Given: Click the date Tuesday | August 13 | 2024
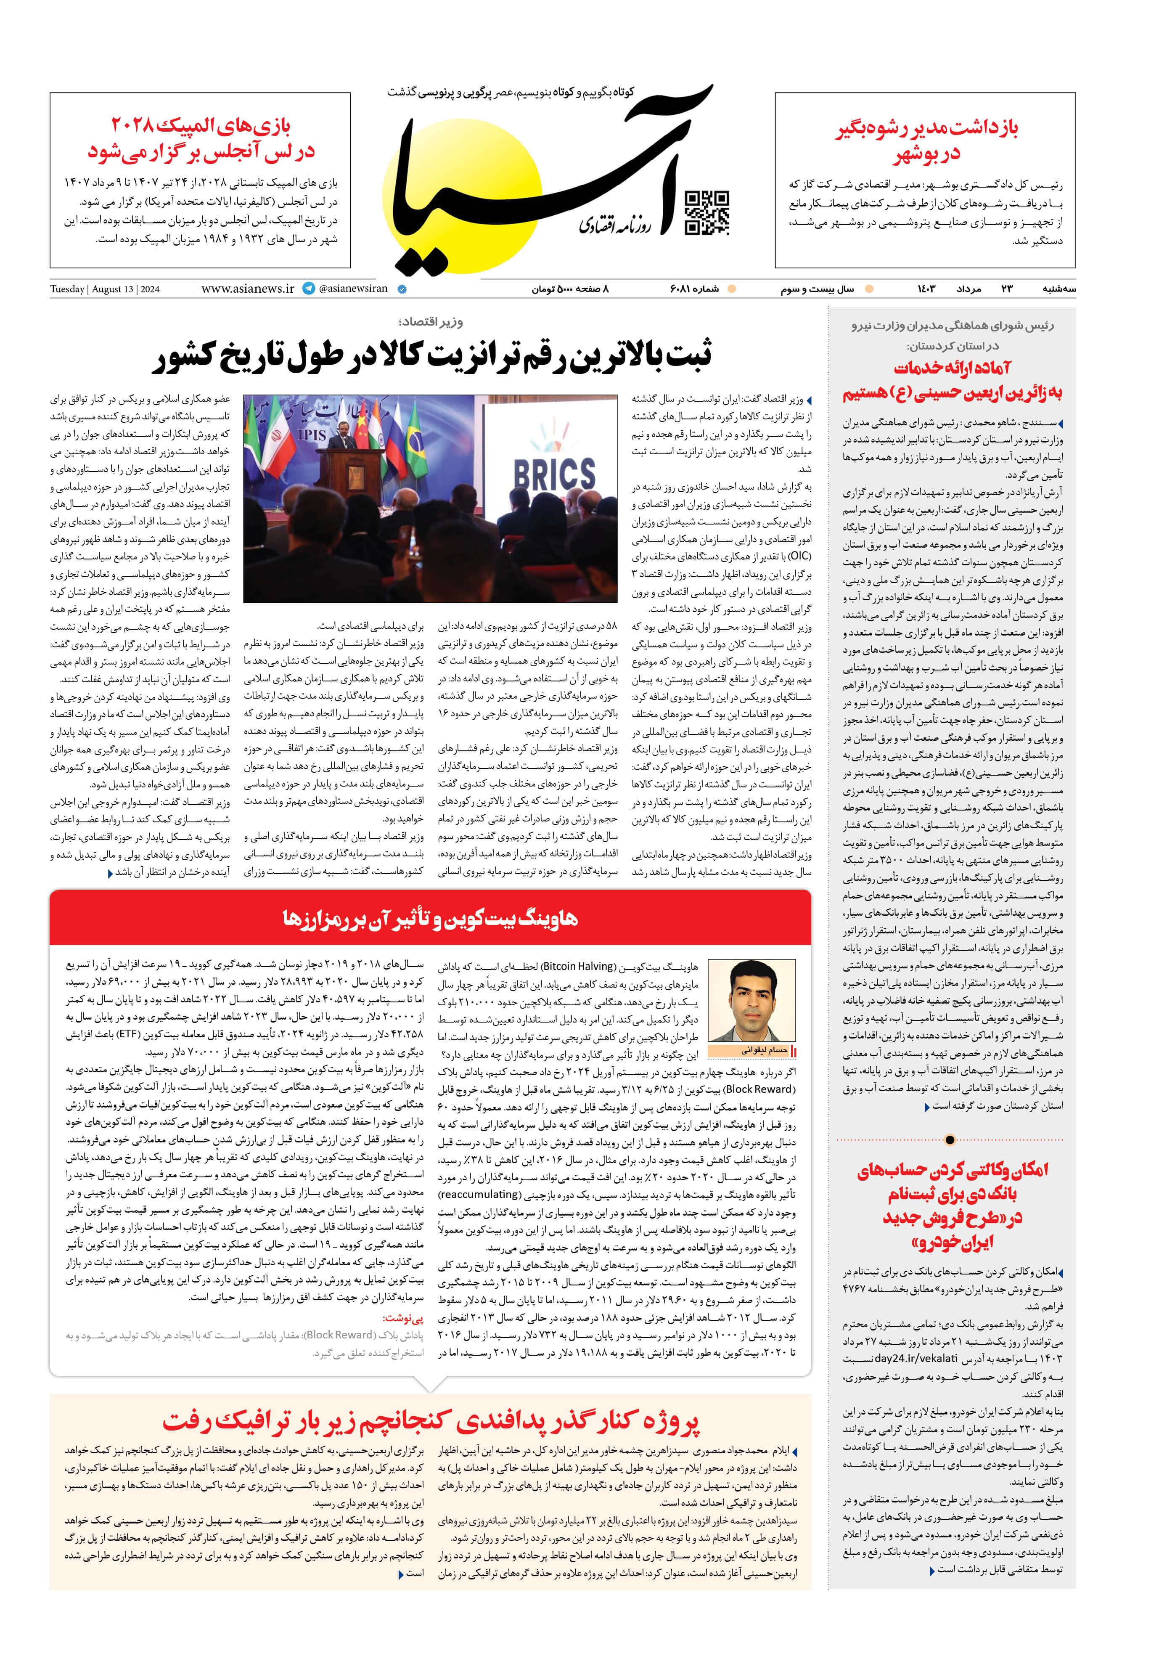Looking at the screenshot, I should tap(105, 289).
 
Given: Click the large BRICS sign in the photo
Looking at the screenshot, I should tap(554, 474).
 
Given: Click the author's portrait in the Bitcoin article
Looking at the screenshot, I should tap(751, 1000).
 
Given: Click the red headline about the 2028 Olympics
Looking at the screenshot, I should tap(201, 138).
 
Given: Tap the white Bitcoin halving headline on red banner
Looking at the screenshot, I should tap(430, 919).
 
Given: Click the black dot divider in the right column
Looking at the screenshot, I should tap(950, 1139).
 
